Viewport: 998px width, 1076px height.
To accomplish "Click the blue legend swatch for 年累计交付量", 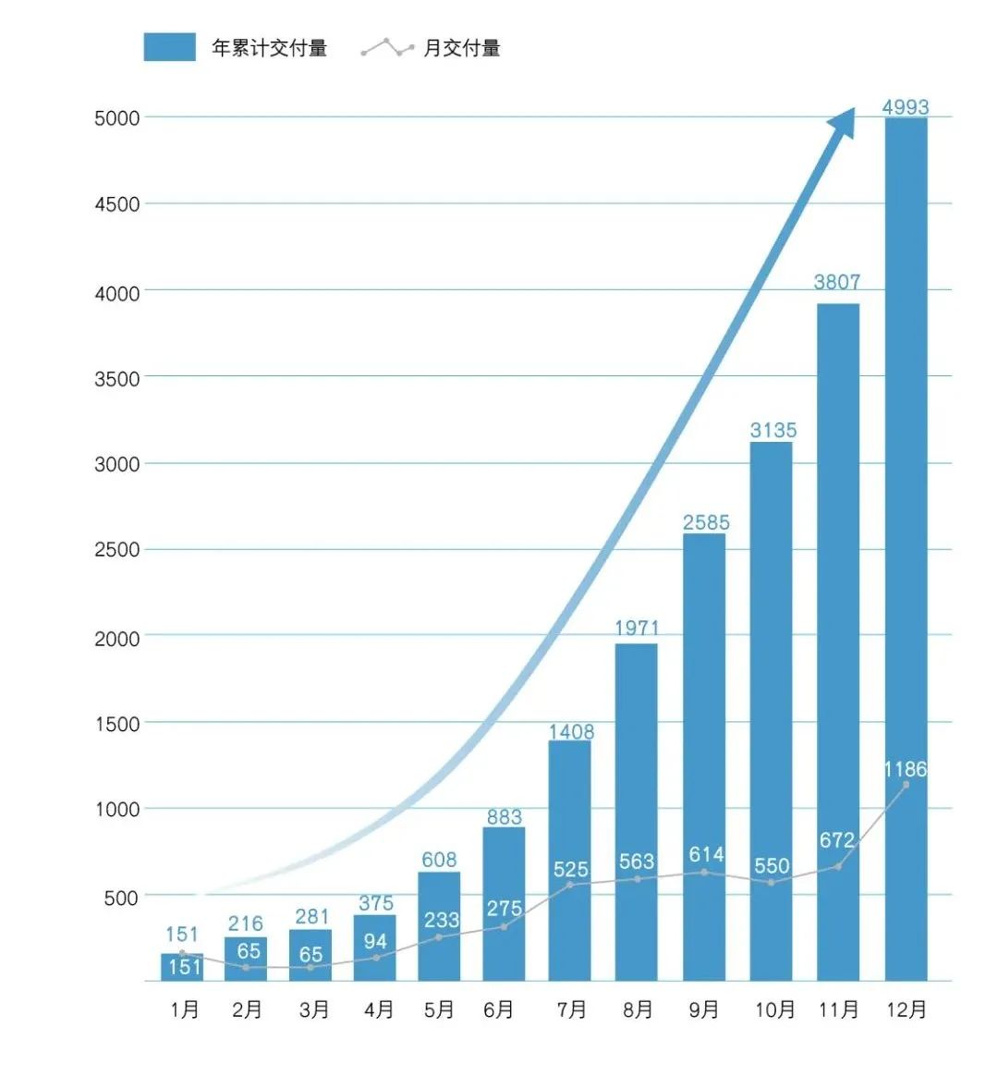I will click(169, 47).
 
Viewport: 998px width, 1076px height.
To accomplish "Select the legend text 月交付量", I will click(461, 48).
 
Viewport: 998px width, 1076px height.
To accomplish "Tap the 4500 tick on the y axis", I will click(117, 204).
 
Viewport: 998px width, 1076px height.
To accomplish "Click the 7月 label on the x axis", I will click(572, 1009).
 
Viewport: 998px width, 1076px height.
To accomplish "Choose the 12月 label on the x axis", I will click(906, 1009).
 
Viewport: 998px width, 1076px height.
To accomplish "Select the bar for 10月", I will click(771, 712).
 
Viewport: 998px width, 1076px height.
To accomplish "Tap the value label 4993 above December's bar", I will click(905, 107).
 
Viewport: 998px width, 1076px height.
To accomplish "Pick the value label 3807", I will click(837, 282).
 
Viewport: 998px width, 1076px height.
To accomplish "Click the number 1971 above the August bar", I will click(637, 629).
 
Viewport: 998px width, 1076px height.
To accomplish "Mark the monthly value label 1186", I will click(905, 769).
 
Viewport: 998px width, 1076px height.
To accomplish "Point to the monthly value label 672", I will click(837, 840).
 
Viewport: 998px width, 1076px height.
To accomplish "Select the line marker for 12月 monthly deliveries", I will click(906, 784).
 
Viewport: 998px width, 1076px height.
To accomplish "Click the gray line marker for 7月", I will click(570, 885).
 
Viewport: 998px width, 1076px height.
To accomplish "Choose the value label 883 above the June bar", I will click(504, 817).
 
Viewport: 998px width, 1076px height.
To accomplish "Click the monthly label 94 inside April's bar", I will click(375, 942).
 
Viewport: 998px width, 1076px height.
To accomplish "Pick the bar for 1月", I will click(182, 967).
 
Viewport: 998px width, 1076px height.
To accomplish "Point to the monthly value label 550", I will click(772, 866).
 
